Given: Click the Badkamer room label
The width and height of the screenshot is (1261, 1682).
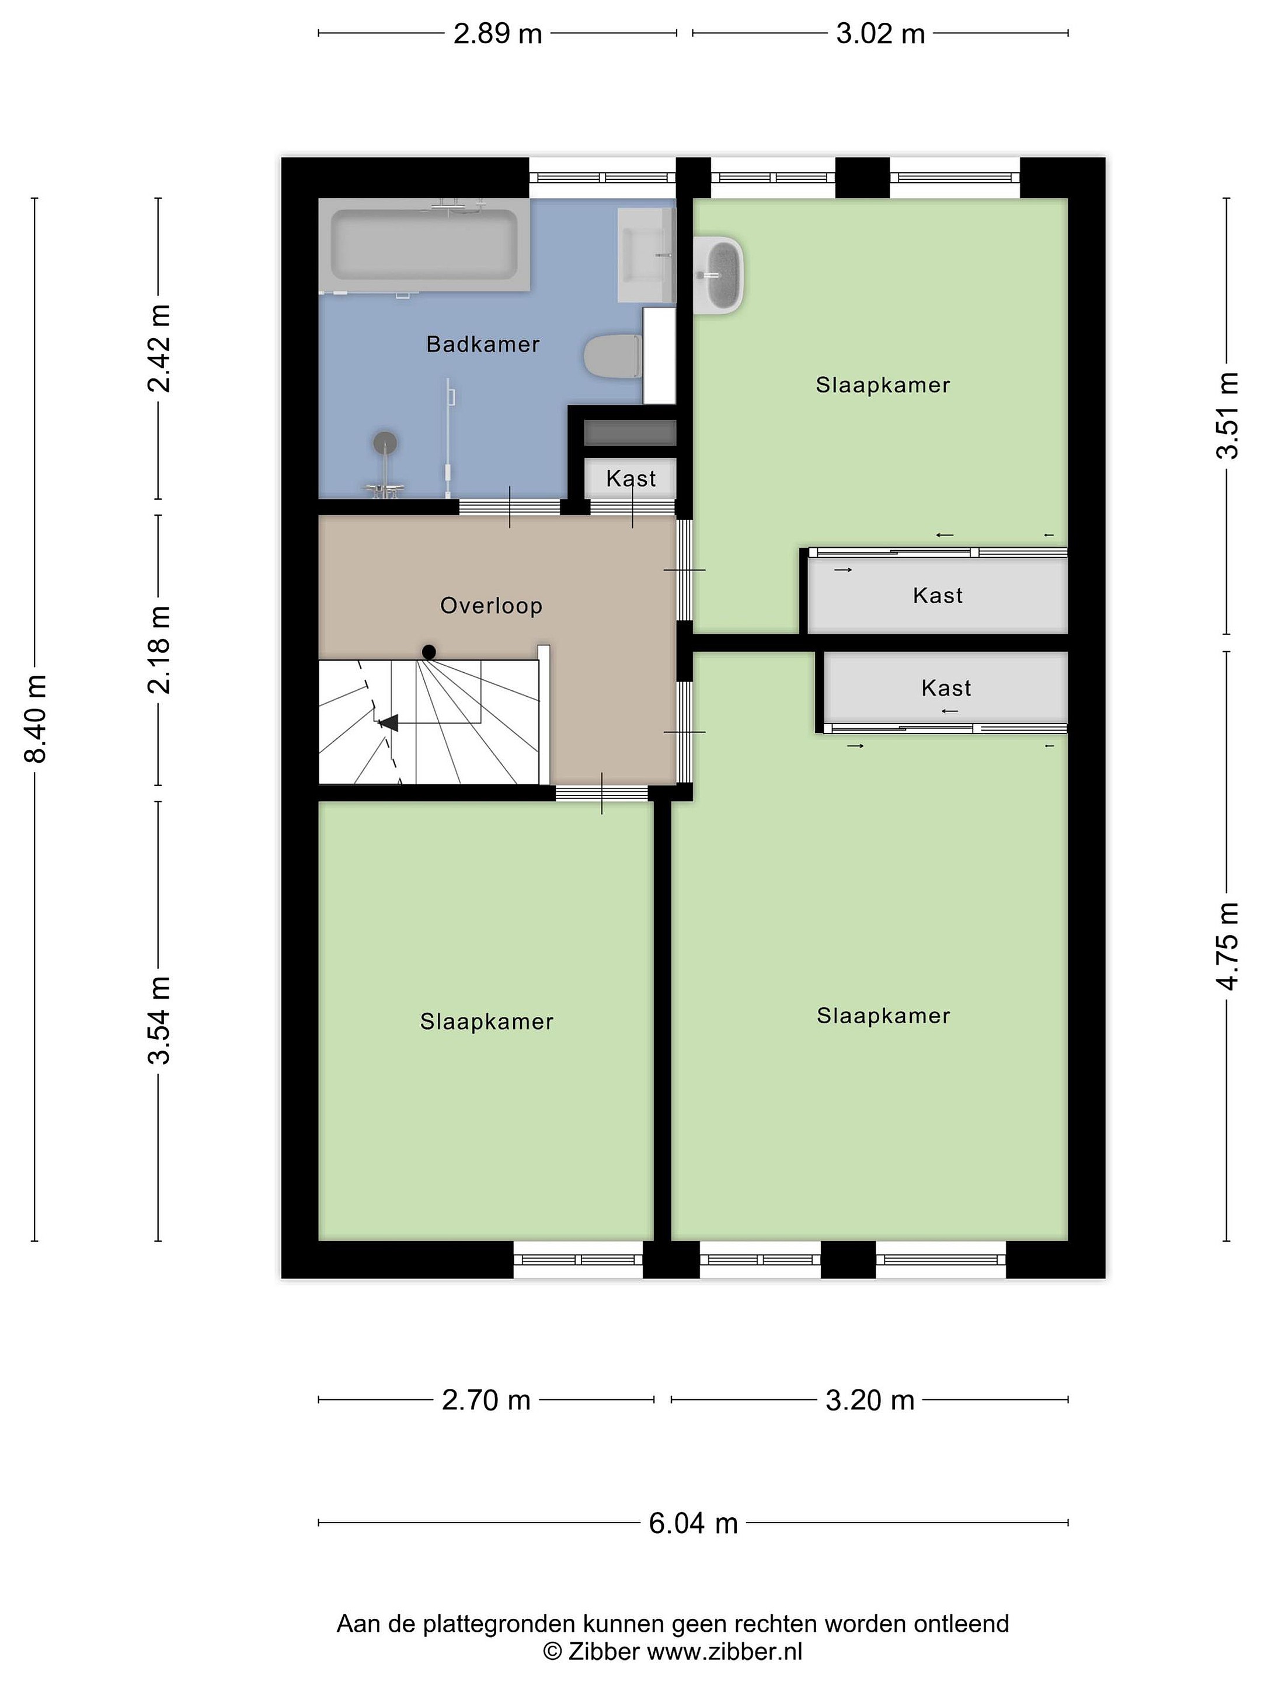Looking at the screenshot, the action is [483, 345].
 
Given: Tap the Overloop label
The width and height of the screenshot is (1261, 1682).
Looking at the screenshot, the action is [491, 606].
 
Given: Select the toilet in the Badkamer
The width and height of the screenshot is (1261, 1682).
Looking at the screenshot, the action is [612, 355].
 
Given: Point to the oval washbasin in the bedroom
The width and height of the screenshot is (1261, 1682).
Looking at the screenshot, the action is [719, 274].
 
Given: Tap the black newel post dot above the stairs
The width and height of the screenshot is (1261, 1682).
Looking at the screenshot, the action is [429, 652].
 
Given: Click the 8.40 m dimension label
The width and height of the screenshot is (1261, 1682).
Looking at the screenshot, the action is [36, 718].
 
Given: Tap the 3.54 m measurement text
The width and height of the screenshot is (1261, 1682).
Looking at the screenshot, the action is [159, 1020].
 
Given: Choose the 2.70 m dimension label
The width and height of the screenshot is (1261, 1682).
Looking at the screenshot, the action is [486, 1400].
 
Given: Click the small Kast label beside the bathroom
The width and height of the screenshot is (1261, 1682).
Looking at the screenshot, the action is [631, 478].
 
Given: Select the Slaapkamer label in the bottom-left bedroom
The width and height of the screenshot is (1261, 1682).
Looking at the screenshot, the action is [486, 1021].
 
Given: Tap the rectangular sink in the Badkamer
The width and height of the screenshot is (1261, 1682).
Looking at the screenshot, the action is [646, 255].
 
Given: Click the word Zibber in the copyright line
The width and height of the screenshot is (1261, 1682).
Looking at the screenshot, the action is [604, 1652].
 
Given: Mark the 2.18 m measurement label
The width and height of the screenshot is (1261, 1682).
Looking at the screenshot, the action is [159, 650].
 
